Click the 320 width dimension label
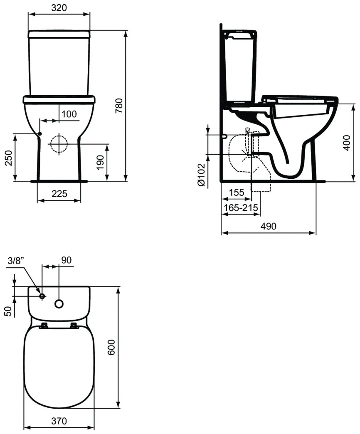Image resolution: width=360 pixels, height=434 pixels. tap(59, 7)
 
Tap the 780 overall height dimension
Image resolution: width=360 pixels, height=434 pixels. tap(119, 106)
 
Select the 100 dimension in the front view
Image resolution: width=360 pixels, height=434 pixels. tap(69, 114)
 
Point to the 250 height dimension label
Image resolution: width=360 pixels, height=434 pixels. tap(9, 158)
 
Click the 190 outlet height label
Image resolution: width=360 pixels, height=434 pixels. tap(100, 163)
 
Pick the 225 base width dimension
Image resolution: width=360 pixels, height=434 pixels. tap(59, 193)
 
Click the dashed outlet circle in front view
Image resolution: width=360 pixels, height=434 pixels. tap(59, 144)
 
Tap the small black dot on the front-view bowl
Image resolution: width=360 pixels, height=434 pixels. tap(40, 134)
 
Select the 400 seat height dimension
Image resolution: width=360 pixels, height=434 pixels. tap(346, 143)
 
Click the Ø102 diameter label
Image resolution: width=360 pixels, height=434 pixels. tap(201, 175)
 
